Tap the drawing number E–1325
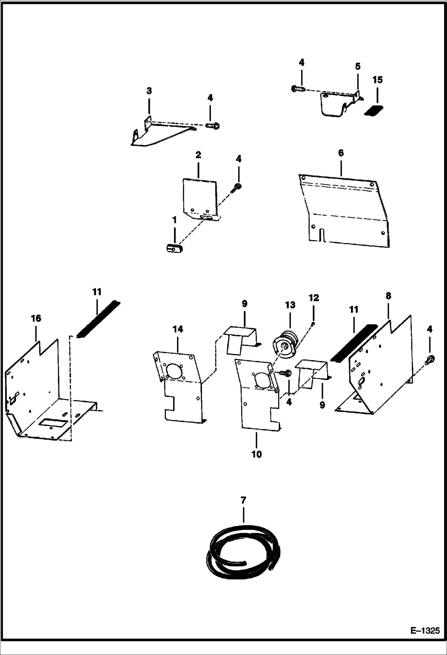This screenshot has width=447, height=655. pyautogui.click(x=425, y=631)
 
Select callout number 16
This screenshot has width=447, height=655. pyautogui.click(x=36, y=319)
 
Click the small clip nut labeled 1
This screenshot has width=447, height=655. pyautogui.click(x=174, y=247)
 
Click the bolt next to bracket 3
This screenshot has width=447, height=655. pyautogui.click(x=213, y=126)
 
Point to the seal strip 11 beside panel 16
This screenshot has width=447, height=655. pyautogui.click(x=98, y=319)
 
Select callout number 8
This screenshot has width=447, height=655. pyautogui.click(x=388, y=296)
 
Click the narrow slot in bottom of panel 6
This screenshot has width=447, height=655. pyautogui.click(x=321, y=234)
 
